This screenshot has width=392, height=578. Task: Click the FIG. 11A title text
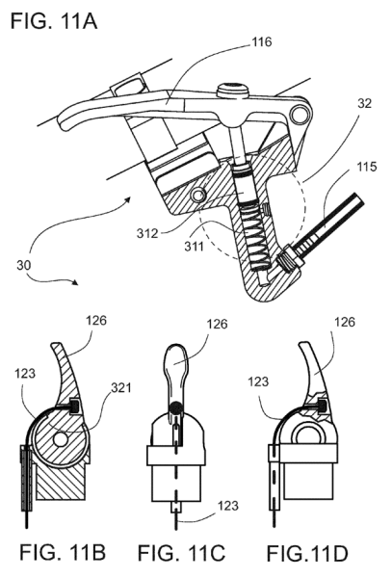click(x=51, y=18)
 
